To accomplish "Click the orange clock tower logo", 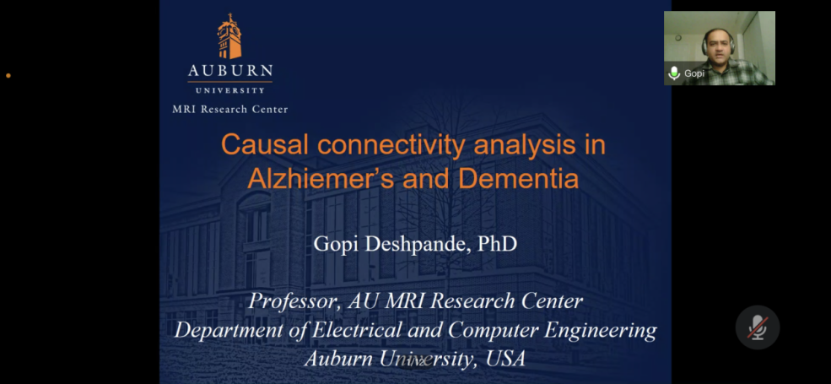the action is [229, 36].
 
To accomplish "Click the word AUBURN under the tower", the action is [230, 71].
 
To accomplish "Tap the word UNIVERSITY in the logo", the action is [230, 90].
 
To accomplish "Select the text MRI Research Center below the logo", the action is [230, 109].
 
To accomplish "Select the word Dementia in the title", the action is [518, 179].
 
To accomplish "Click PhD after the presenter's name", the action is [497, 244].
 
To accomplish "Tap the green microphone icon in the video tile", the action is [674, 73].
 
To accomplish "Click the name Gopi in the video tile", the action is [694, 73].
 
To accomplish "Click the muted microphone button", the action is [758, 327].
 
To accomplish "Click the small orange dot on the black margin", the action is [8, 76].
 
